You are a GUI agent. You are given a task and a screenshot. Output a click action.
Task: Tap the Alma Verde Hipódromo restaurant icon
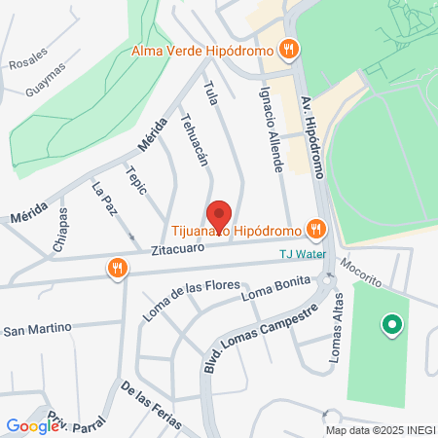[288, 49]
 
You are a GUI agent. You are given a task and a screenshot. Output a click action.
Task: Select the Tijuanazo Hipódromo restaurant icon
[314, 230]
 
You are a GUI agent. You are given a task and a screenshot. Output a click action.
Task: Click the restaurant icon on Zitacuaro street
[118, 267]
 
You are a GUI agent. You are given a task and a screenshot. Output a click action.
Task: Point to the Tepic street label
[135, 179]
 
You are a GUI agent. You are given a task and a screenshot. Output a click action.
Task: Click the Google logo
[32, 425]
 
